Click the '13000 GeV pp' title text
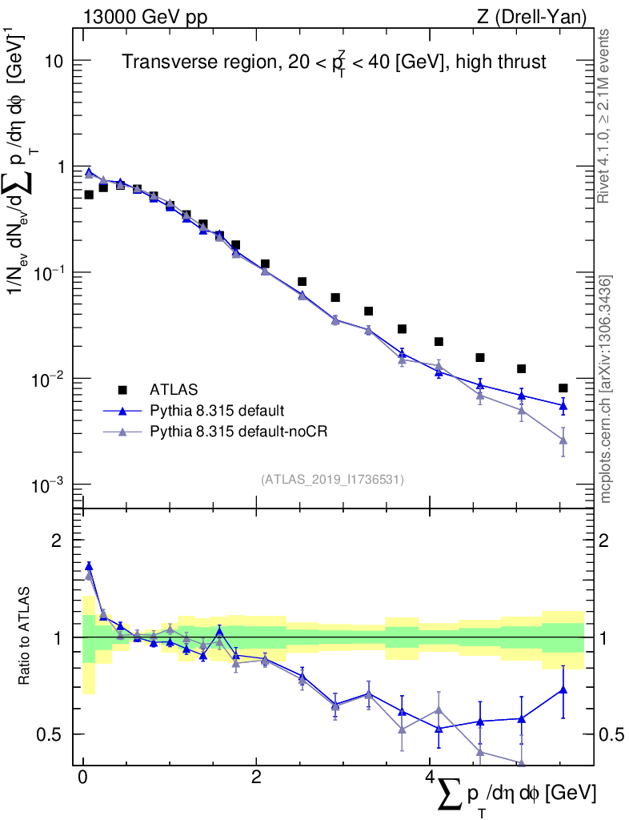[x=145, y=15]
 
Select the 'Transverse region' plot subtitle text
[x=334, y=61]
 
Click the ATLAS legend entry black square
[x=122, y=390]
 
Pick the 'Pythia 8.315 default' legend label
[x=217, y=411]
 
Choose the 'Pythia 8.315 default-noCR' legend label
[x=239, y=432]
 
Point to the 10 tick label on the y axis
[x=53, y=62]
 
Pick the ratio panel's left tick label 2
[x=56, y=541]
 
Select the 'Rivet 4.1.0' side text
[x=606, y=116]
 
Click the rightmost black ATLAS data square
[x=563, y=388]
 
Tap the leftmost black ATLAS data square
[x=89, y=195]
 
